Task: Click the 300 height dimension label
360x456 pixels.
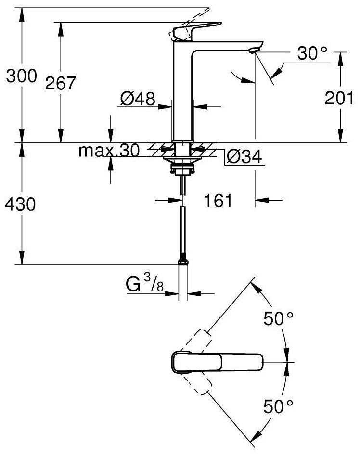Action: coord(22,76)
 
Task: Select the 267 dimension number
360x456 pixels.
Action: coord(61,83)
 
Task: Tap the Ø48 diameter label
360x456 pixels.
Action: coord(138,99)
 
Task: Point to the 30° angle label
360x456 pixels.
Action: coord(312,53)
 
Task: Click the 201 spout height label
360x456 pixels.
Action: coord(339,98)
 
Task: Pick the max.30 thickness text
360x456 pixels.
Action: coord(109,151)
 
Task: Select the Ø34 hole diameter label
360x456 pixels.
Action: coord(244,157)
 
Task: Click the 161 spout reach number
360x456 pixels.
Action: coord(219,201)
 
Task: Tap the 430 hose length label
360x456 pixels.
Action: coord(20,204)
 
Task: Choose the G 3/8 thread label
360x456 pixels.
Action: coord(145,283)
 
